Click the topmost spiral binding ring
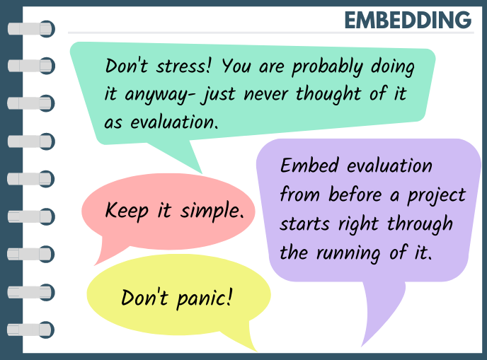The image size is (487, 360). (x=30, y=29)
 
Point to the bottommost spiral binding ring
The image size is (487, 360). (x=30, y=329)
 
